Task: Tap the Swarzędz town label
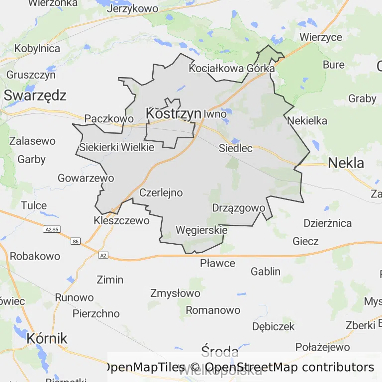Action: click(35, 95)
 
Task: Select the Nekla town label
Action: click(346, 163)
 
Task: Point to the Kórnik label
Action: click(46, 338)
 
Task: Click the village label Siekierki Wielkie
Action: click(117, 147)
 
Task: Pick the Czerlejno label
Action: click(161, 192)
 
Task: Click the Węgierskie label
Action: click(201, 230)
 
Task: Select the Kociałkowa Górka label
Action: click(232, 69)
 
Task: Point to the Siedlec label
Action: click(236, 148)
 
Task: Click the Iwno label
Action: click(215, 114)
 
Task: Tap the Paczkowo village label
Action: click(109, 118)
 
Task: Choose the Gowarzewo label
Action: click(86, 178)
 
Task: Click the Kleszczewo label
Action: click(121, 220)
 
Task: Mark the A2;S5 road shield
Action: click(52, 229)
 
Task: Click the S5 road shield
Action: click(75, 241)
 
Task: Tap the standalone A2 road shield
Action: click(103, 255)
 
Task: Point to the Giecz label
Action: click(305, 241)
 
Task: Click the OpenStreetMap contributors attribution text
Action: click(289, 367)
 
